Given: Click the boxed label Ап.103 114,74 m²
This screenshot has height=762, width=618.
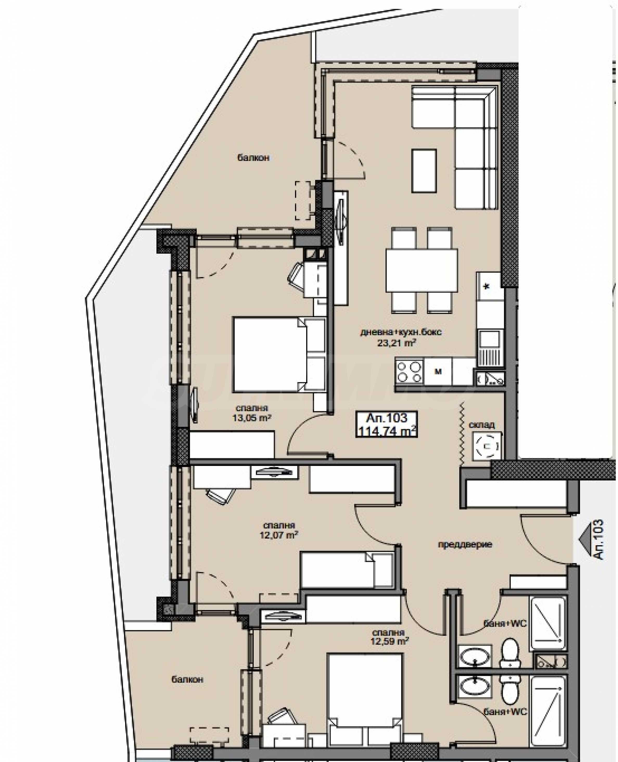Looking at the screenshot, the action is coord(387,424).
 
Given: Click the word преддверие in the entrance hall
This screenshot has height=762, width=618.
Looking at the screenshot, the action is coord(465,544).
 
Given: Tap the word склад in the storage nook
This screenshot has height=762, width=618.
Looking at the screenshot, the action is coord(482,425).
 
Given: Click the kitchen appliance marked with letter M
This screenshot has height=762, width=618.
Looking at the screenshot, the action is coord(438,372).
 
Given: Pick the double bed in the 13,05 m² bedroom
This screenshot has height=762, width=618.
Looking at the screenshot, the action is coord(279,355).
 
